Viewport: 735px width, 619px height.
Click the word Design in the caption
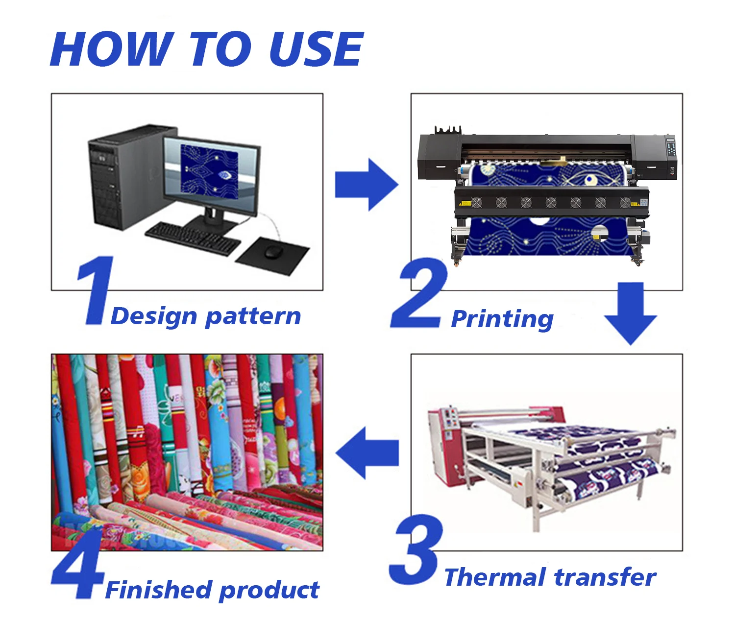(153, 316)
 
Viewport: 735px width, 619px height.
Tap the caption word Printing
(502, 319)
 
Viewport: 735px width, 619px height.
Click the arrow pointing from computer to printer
(366, 185)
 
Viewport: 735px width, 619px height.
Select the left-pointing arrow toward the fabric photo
(367, 452)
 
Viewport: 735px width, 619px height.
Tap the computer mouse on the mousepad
(273, 252)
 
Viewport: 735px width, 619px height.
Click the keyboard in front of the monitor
(193, 238)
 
